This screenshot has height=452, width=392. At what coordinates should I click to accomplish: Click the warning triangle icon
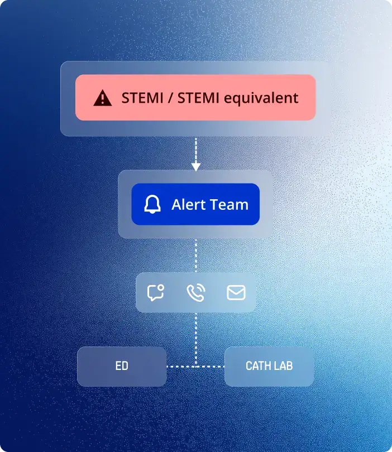click(102, 98)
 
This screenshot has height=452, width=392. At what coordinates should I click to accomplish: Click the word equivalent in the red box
click(261, 98)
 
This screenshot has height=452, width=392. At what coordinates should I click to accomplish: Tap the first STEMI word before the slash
click(142, 98)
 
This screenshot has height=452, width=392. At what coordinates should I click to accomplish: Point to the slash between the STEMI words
click(170, 98)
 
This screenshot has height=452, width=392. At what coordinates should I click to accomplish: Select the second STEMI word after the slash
click(198, 98)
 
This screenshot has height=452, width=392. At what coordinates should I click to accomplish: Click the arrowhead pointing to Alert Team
click(196, 167)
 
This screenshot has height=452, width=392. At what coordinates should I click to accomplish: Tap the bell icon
click(152, 204)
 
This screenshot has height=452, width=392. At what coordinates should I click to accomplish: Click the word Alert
click(188, 204)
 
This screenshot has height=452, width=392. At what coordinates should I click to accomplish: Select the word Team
click(229, 204)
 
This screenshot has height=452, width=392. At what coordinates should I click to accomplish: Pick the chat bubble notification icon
click(156, 292)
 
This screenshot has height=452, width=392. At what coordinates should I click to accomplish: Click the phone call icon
click(196, 292)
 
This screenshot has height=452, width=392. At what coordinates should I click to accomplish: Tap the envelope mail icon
click(236, 292)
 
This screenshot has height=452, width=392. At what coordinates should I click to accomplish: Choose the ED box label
click(122, 366)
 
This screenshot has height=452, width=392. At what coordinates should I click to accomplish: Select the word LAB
click(283, 366)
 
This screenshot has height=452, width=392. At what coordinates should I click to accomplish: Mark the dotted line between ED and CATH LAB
click(195, 367)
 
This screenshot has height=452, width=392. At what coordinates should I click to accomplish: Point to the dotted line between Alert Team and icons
click(196, 256)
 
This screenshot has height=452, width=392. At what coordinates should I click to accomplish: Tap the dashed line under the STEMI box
click(196, 151)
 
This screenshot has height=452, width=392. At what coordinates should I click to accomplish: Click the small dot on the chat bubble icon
click(161, 288)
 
